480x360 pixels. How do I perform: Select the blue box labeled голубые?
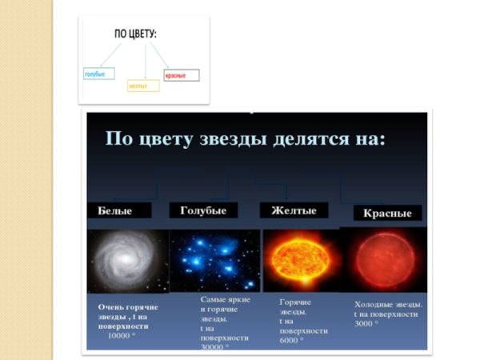(100, 74)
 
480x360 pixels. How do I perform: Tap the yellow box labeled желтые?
(143, 86)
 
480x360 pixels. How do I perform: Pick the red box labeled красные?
(182, 76)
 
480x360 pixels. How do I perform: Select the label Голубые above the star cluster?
(203, 210)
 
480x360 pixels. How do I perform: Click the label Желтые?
(294, 210)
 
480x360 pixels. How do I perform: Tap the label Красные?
(387, 214)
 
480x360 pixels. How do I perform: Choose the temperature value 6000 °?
(294, 339)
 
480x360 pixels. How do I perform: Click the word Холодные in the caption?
(373, 305)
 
